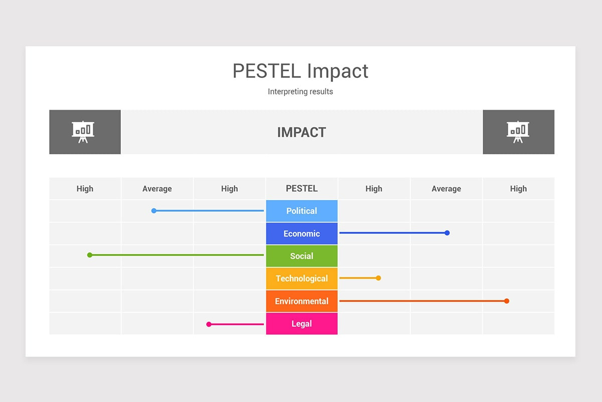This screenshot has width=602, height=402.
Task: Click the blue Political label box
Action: tap(302, 211)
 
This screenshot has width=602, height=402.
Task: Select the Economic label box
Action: tap(302, 234)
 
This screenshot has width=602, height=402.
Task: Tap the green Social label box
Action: tap(302, 256)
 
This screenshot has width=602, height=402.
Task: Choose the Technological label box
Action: tap(302, 278)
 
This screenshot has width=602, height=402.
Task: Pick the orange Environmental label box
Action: tap(302, 301)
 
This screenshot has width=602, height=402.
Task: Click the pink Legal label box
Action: tap(302, 324)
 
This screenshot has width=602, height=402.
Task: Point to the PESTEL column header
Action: tap(302, 188)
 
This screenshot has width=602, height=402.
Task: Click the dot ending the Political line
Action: tap(154, 211)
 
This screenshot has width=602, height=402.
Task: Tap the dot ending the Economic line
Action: tap(447, 233)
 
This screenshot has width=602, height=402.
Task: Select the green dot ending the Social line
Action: tap(90, 255)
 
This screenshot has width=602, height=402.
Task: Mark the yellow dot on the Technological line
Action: tap(378, 278)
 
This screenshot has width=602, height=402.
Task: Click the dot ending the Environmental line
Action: tap(507, 301)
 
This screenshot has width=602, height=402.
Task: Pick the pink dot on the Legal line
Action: tap(209, 324)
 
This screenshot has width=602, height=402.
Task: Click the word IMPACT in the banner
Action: tap(302, 132)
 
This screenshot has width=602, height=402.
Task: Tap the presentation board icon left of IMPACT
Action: tap(83, 132)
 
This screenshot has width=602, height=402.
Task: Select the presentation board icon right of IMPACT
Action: tap(518, 132)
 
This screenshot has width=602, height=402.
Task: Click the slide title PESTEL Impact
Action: tap(300, 71)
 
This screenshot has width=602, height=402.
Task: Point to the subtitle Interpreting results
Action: tap(300, 91)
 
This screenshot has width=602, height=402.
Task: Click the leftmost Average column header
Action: tap(157, 189)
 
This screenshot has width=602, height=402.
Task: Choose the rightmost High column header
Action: tap(518, 189)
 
